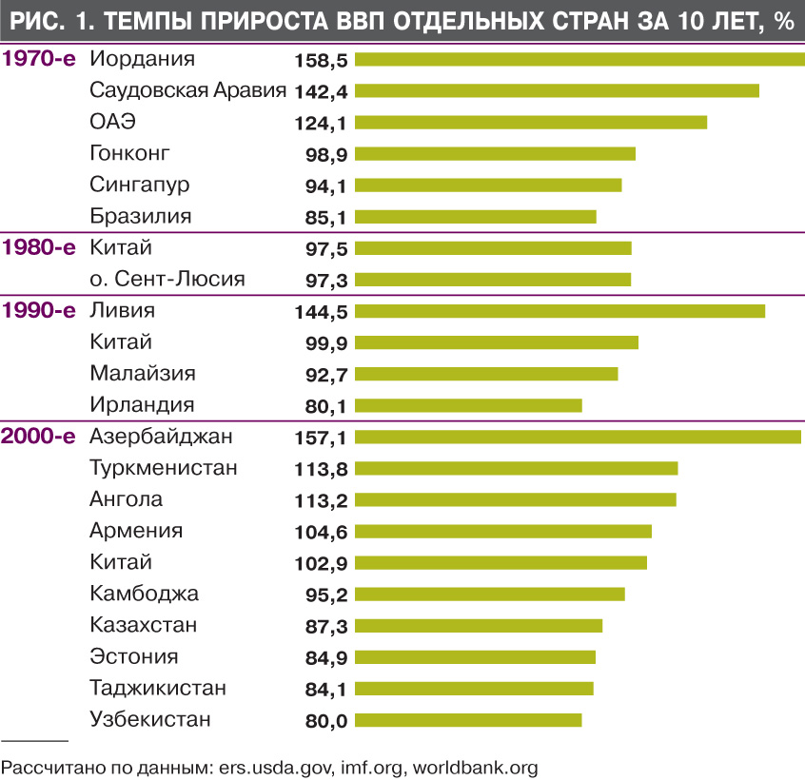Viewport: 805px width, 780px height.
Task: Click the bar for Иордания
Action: coord(579,60)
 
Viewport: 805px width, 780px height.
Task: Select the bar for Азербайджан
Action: coord(578,438)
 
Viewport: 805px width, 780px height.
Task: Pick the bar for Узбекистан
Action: coord(468,720)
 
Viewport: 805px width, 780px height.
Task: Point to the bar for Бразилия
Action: coord(476,217)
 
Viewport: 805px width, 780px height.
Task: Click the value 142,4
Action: coord(320,91)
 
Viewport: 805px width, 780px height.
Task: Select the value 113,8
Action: coord(320,469)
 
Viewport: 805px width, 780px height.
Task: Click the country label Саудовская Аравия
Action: coord(187,90)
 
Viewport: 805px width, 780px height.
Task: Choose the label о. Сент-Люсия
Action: coord(167,280)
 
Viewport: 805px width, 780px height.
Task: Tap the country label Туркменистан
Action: coord(164,468)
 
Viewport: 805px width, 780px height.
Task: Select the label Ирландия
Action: coord(142,405)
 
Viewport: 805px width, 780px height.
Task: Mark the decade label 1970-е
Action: coord(39,59)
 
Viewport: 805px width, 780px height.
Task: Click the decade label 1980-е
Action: coord(39,248)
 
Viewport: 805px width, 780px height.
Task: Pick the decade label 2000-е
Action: coord(39,437)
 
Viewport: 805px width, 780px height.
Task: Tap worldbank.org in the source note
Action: coord(478,766)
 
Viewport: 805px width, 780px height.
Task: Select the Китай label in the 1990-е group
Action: coord(121,342)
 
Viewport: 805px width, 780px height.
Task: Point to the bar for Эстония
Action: coord(475,657)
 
